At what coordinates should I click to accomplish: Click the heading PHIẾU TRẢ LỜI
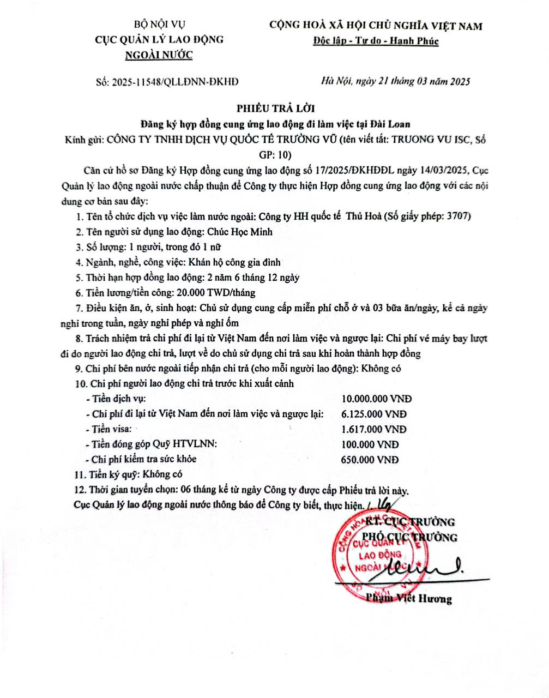[x=275, y=108]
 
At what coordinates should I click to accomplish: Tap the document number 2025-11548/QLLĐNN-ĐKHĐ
[x=174, y=82]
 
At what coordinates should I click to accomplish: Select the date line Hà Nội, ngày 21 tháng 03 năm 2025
[x=396, y=82]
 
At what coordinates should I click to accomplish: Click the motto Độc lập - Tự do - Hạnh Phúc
[x=376, y=41]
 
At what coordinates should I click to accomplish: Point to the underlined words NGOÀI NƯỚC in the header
[x=159, y=55]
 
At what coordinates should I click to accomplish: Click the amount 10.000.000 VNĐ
[x=376, y=399]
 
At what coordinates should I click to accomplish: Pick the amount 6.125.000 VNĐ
[x=374, y=414]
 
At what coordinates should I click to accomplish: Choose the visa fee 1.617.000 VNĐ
[x=374, y=429]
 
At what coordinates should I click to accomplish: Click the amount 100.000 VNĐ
[x=370, y=444]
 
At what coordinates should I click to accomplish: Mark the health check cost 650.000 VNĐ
[x=370, y=460]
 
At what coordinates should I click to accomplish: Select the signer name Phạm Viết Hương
[x=409, y=599]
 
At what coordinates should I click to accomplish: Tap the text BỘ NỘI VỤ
[x=160, y=24]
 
